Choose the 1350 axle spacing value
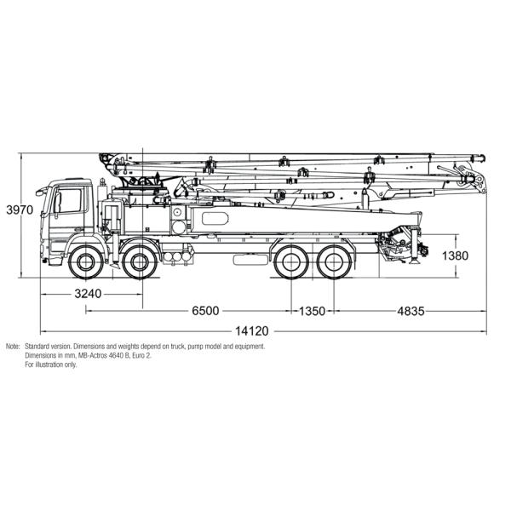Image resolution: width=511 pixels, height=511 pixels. [x=311, y=311]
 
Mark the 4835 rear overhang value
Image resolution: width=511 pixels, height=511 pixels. [x=409, y=311]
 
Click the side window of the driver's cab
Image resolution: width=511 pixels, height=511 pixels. [x=70, y=201]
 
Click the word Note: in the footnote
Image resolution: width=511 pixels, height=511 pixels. [x=13, y=347]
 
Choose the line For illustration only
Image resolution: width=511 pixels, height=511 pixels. [x=50, y=365]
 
